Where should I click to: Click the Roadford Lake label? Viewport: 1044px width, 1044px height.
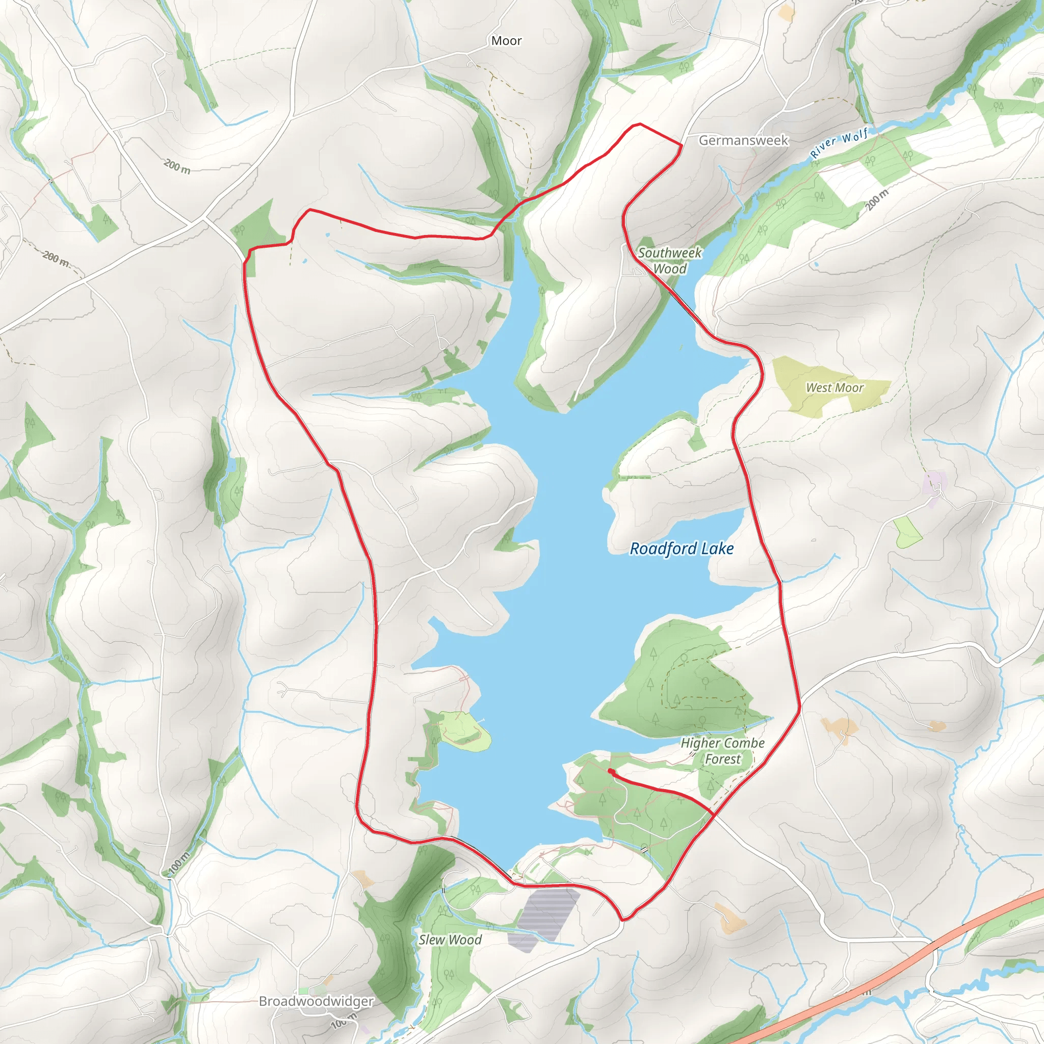pyautogui.click(x=682, y=549)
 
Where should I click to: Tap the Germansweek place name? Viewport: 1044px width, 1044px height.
pyautogui.click(x=743, y=141)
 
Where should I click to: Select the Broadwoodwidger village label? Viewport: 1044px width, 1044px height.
pyautogui.click(x=316, y=1001)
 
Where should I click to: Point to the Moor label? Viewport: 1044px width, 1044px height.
pyautogui.click(x=506, y=41)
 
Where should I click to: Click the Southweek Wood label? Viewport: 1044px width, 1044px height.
pyautogui.click(x=669, y=260)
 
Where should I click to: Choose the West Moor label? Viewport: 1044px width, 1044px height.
pyautogui.click(x=834, y=387)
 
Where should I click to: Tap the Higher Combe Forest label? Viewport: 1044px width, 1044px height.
pyautogui.click(x=722, y=751)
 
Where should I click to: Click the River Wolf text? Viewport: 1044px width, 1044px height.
pyautogui.click(x=839, y=142)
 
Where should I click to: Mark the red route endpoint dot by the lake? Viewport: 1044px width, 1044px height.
pyautogui.click(x=610, y=771)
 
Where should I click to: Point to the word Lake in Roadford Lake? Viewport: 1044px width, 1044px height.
pyautogui.click(x=718, y=549)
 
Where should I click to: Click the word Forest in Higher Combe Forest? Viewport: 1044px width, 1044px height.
pyautogui.click(x=722, y=759)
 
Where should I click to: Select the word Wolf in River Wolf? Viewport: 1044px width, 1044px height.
pyautogui.click(x=855, y=136)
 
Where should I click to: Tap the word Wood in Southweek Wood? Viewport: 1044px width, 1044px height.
pyautogui.click(x=669, y=269)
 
